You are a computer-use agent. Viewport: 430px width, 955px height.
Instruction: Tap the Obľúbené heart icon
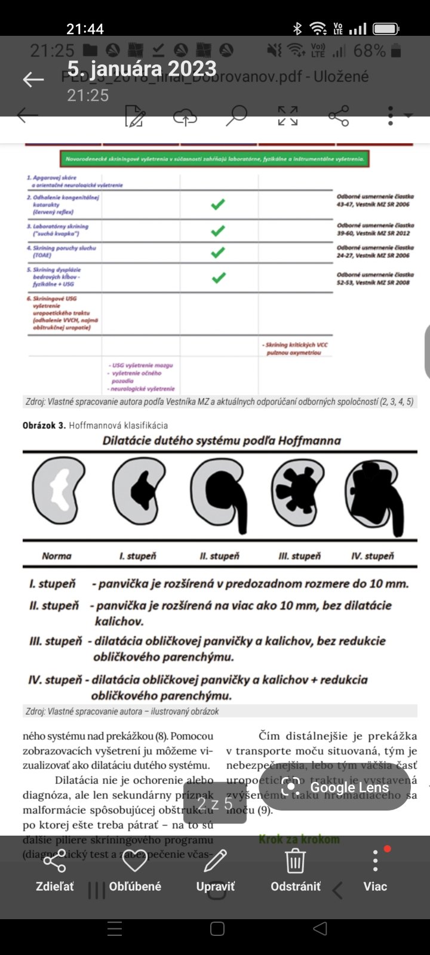[134, 862]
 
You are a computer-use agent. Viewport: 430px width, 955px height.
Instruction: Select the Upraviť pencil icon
[215, 862]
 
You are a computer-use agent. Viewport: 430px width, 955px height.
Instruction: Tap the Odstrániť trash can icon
[295, 862]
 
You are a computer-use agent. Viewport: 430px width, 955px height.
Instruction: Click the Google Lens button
[335, 787]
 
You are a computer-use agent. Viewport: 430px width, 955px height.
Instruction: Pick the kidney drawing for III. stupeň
[297, 490]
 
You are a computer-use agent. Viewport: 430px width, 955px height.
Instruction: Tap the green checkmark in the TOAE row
[218, 252]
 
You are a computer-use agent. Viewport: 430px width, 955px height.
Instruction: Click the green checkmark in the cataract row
[218, 204]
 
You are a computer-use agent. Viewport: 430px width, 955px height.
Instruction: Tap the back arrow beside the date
[33, 79]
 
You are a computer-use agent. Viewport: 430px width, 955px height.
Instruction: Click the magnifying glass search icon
[236, 116]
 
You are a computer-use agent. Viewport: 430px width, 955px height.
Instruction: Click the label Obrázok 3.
[44, 426]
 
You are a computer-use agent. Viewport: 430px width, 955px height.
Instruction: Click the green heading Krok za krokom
[299, 839]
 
